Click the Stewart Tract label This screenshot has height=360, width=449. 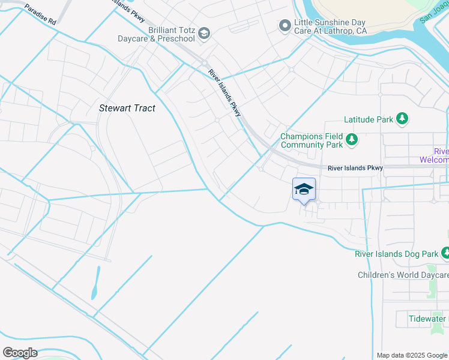127,108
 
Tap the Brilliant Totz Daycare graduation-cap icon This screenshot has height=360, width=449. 204,33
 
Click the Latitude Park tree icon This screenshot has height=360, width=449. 403,119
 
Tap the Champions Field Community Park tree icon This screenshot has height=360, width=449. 351,140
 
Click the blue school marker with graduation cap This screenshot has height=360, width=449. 304,189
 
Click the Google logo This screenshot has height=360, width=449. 20,352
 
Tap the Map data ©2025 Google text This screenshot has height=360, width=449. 411,355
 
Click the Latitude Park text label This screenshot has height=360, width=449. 369,119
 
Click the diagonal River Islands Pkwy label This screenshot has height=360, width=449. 225,92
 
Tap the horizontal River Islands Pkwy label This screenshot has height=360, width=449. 355,168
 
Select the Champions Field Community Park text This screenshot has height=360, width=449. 311,140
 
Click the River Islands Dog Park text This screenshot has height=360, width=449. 396,254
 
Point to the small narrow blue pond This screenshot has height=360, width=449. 95,283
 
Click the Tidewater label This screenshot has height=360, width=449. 427,319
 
